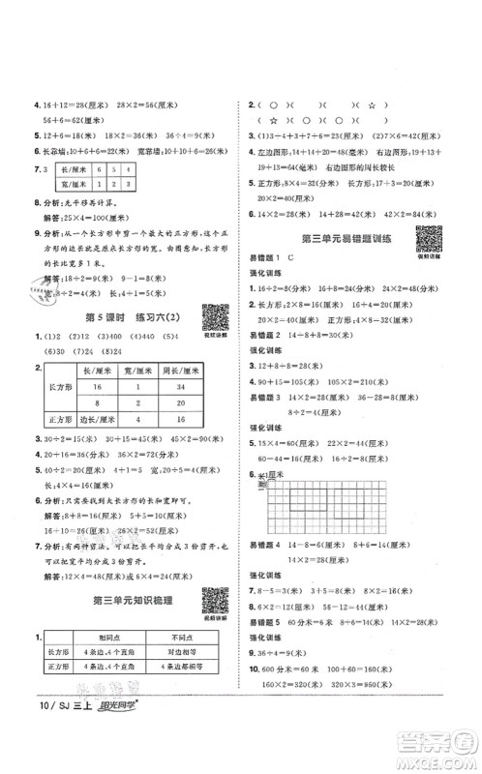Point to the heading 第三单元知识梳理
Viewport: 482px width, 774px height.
[x=130, y=602]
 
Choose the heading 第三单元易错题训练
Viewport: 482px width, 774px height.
[x=343, y=239]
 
